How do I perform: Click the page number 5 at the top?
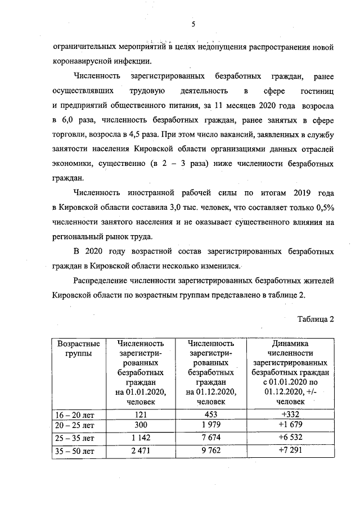(192, 24)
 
